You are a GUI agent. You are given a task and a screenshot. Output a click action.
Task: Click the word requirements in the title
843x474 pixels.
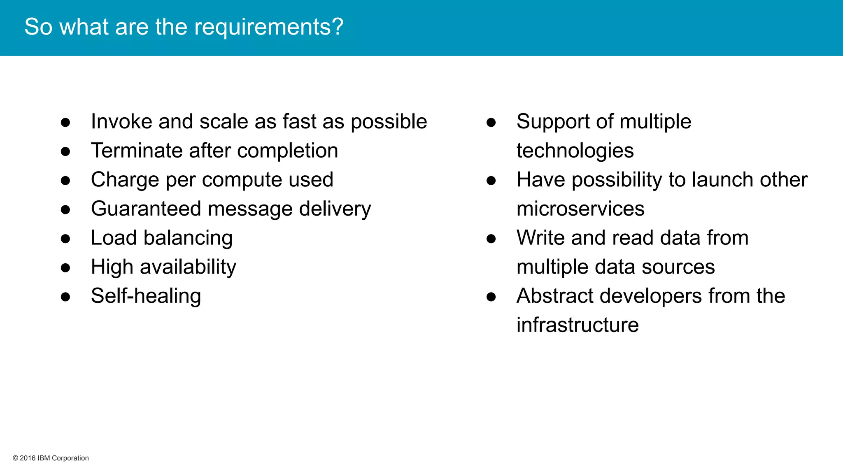268,27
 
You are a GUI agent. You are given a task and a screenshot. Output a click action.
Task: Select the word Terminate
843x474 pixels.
137,151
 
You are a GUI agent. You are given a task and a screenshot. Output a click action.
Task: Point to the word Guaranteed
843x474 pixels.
146,209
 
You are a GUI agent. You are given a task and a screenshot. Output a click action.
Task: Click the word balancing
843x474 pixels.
188,238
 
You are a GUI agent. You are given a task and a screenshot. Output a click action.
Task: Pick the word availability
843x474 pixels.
188,267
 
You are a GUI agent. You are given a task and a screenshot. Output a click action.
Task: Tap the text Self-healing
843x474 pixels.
146,296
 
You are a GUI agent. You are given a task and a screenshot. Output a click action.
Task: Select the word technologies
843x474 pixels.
575,151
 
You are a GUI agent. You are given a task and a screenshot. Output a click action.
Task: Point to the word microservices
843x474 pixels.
580,209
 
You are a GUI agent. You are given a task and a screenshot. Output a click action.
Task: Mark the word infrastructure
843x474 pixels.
578,325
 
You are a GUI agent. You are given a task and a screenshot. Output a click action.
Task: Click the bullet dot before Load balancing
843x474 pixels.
65,239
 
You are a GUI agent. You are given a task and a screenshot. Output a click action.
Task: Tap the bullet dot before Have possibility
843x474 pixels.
491,181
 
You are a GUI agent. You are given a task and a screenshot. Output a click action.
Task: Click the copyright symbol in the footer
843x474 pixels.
15,458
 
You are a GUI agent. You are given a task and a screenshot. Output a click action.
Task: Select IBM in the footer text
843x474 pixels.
44,458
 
